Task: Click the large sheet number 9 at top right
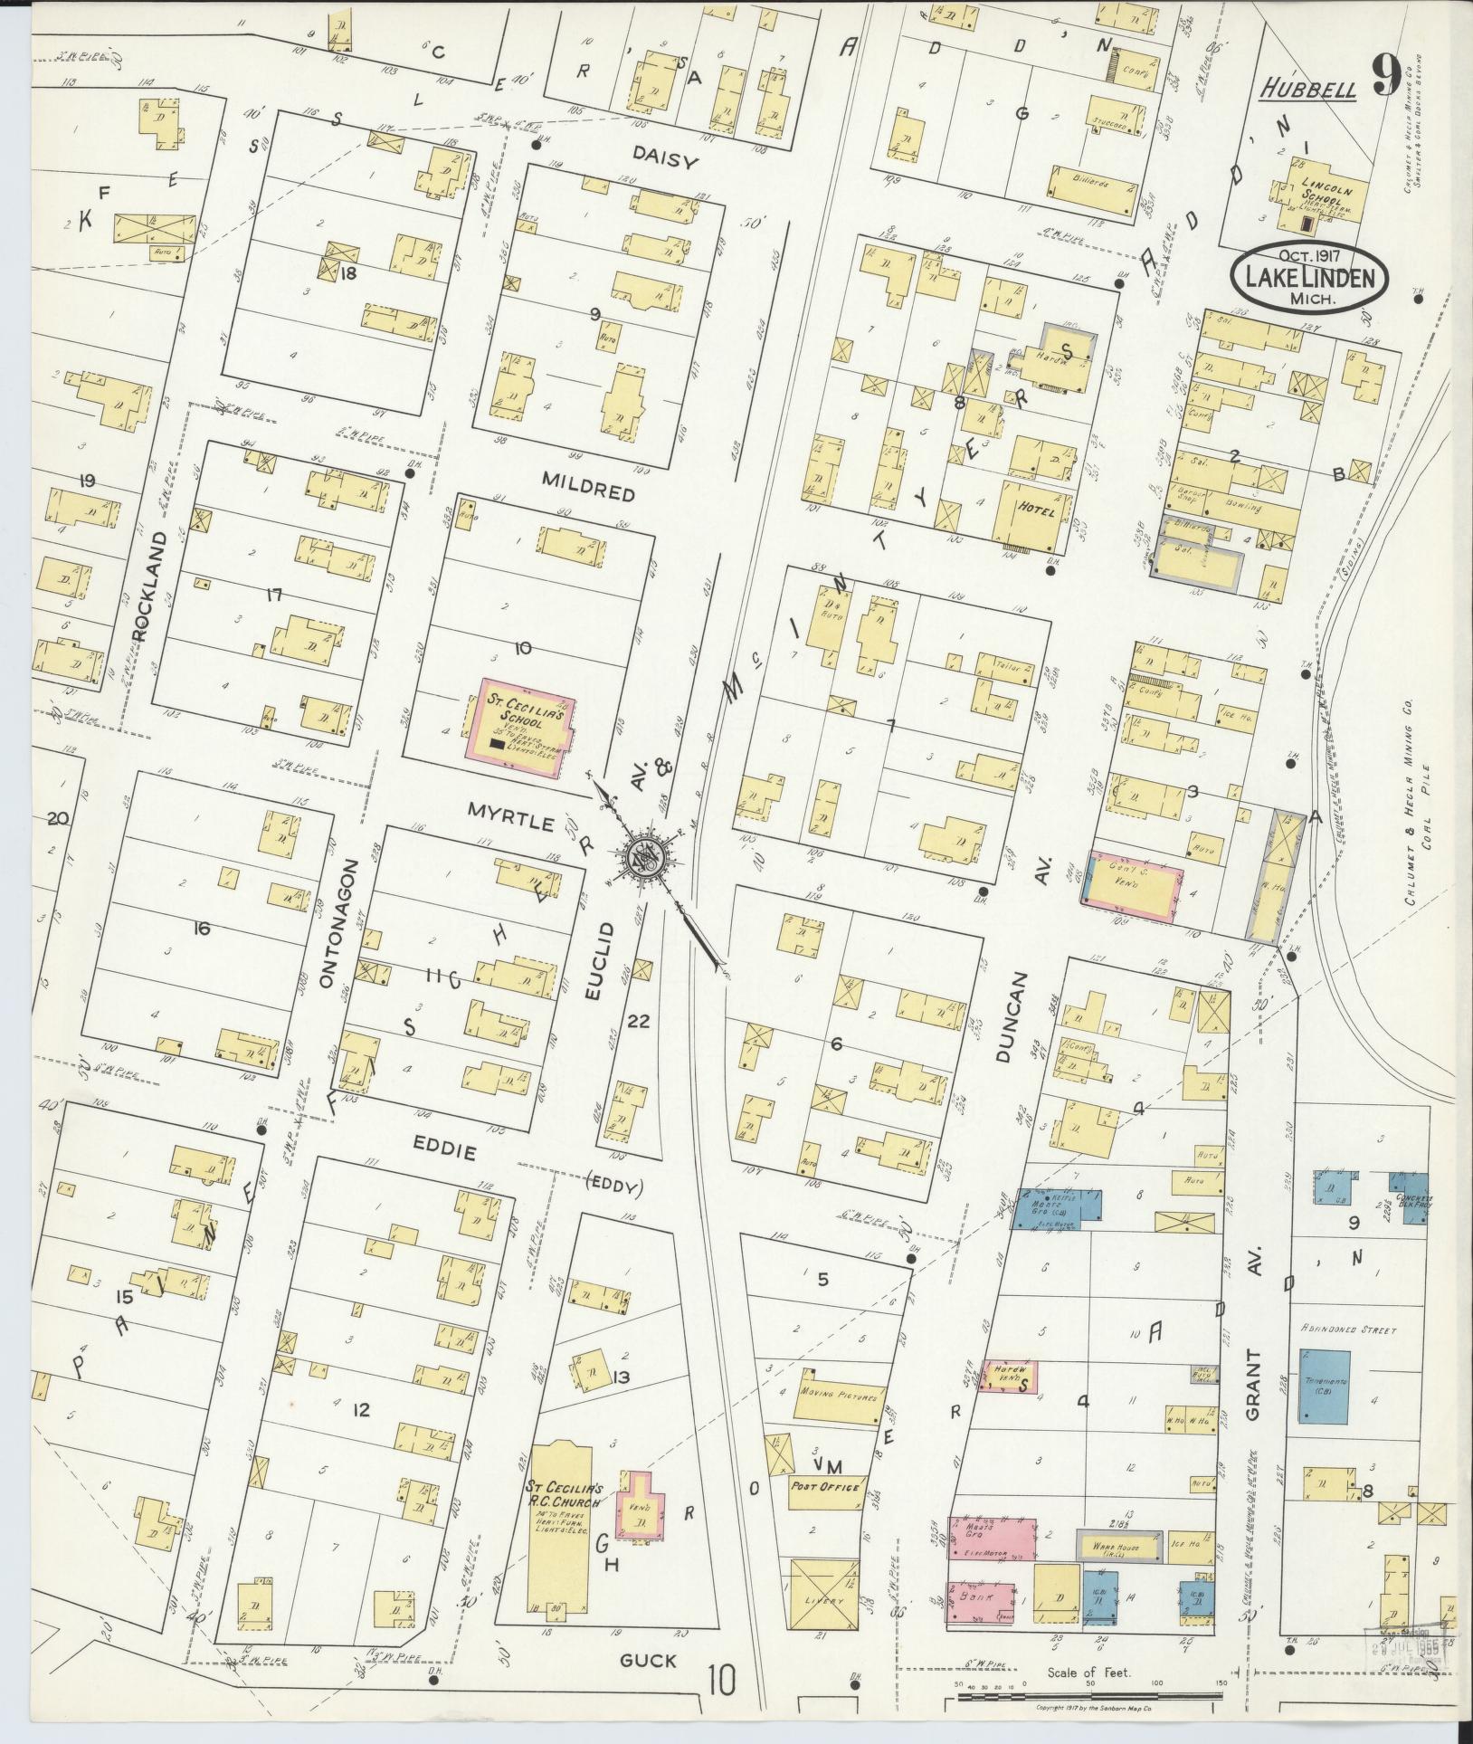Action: [1386, 76]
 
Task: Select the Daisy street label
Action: [667, 162]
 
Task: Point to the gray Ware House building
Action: [1119, 1548]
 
